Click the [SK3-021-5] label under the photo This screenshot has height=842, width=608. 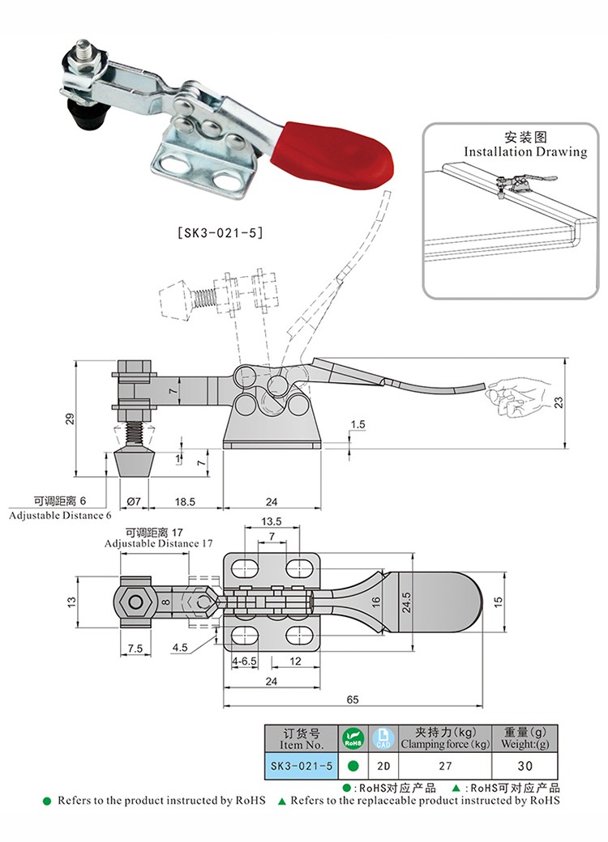click(x=220, y=232)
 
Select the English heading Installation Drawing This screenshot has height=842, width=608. click(x=525, y=151)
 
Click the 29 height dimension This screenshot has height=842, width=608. click(x=70, y=418)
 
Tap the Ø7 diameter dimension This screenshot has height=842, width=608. click(x=134, y=502)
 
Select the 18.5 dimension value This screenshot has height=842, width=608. click(x=186, y=502)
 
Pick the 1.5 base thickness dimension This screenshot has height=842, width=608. click(x=359, y=424)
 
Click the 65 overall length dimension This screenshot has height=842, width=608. click(x=353, y=699)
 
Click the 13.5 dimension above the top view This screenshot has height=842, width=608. click(x=272, y=521)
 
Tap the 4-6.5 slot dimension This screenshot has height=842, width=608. click(x=244, y=661)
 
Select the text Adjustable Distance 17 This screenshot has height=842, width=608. click(x=152, y=544)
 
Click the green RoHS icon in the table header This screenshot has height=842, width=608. click(x=352, y=738)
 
